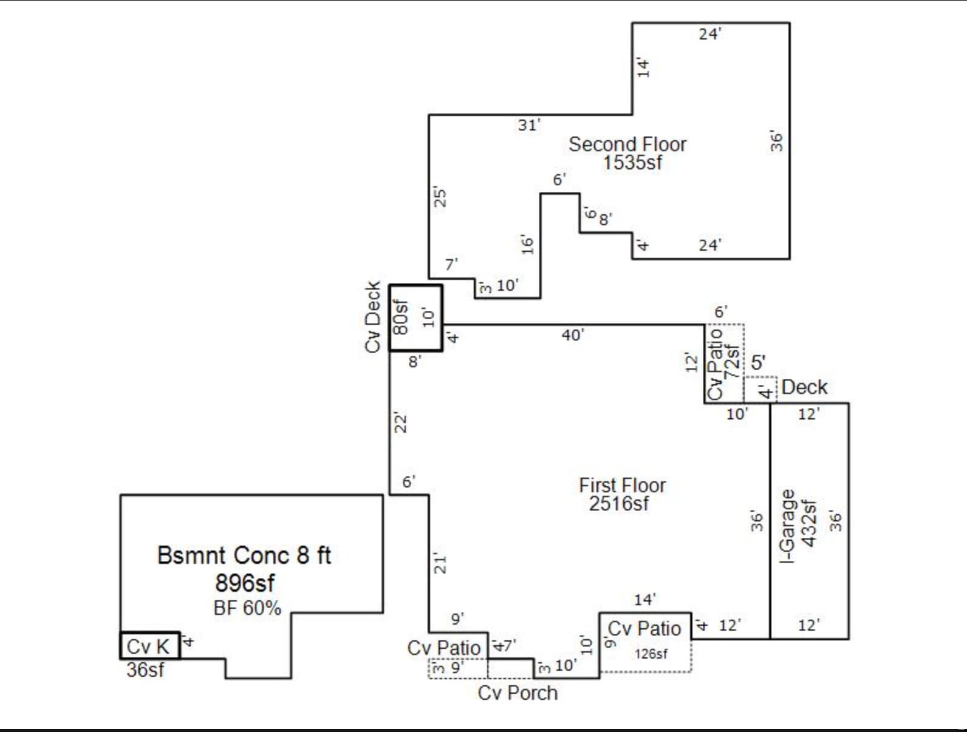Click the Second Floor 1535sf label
click(x=628, y=153)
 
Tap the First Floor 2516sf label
click(x=621, y=494)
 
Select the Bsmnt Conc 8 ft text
click(x=244, y=555)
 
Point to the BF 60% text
click(x=247, y=608)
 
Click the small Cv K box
click(x=150, y=646)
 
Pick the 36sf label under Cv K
click(x=145, y=670)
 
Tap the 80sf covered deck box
click(x=416, y=318)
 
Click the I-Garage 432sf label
click(x=798, y=526)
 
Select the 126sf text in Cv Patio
click(x=651, y=654)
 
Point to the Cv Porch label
click(x=518, y=693)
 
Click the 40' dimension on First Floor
click(x=573, y=335)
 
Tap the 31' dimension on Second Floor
click(x=529, y=125)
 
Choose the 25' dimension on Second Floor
click(x=440, y=197)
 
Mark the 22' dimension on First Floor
click(x=400, y=422)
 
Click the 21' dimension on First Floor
click(x=440, y=563)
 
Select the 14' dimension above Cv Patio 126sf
click(x=645, y=599)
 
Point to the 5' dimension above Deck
click(x=758, y=363)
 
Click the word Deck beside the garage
click(x=804, y=387)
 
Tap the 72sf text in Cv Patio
click(x=732, y=362)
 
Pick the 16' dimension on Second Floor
click(x=527, y=244)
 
